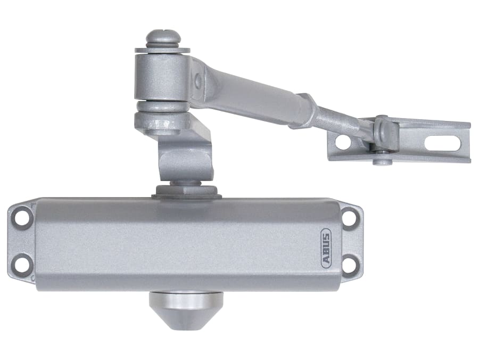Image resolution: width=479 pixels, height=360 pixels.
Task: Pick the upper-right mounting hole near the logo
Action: coord(349,217)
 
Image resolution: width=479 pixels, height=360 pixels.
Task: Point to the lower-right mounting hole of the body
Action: coord(350,263)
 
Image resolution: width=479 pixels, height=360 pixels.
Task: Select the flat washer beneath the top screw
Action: coord(162,50)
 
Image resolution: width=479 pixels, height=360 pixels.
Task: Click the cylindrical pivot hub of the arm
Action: coord(162,77)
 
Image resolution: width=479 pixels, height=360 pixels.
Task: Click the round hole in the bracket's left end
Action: coord(343,142)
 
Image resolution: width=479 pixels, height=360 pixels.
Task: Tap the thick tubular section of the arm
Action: coord(250,96)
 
